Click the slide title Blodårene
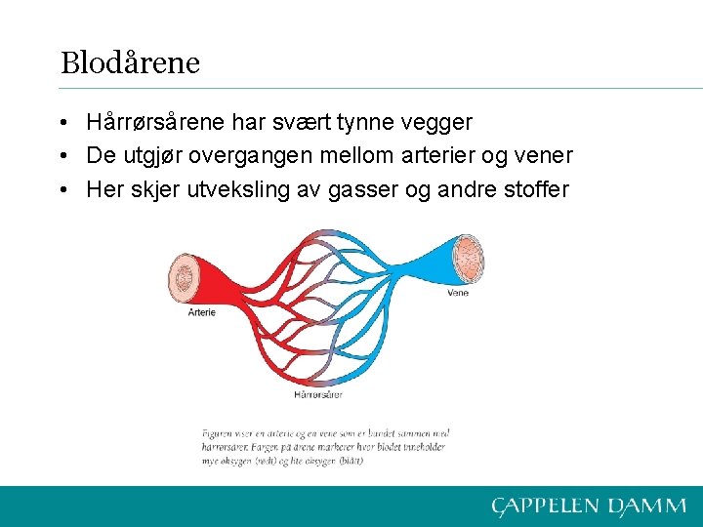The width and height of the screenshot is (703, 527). click(130, 63)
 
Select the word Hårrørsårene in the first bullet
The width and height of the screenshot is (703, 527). click(156, 123)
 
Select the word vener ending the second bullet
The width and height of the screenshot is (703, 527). click(542, 156)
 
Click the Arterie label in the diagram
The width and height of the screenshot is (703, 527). click(201, 312)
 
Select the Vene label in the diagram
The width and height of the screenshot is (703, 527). click(456, 292)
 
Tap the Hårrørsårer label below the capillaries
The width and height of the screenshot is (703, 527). click(318, 394)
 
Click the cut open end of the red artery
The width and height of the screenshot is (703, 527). click(184, 277)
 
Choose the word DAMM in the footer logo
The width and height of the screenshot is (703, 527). click(647, 506)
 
